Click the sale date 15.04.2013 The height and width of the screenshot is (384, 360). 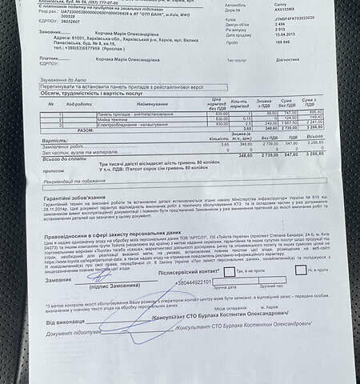(x=239, y=34)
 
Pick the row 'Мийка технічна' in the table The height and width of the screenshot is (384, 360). (x=112, y=118)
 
